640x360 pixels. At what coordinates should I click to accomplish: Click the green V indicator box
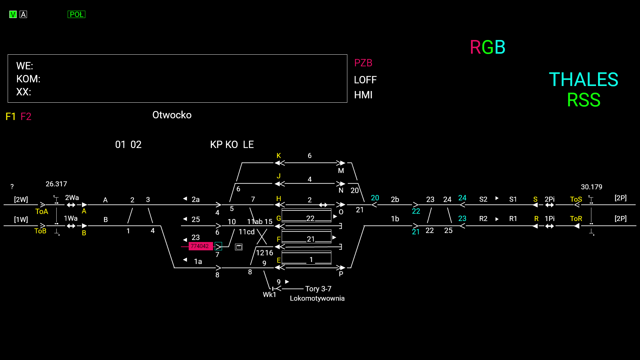[13, 14]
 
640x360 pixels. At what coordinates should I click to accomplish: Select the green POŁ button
[76, 14]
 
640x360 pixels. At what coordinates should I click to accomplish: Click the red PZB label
[363, 63]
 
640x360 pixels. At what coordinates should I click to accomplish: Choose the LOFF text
[365, 80]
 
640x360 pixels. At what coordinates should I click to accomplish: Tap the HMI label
[363, 95]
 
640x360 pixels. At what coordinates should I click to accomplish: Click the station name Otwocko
[172, 115]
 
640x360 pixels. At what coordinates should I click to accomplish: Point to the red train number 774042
[200, 246]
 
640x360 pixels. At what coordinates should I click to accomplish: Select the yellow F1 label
[11, 117]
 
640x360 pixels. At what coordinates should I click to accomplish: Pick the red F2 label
[26, 117]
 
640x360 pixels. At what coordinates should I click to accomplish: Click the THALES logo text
[583, 80]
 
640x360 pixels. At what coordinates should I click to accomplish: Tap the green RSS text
[583, 100]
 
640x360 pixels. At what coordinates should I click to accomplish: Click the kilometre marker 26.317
[56, 184]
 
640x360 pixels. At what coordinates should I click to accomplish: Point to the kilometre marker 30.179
[591, 187]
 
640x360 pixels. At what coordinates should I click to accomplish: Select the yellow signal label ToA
[42, 212]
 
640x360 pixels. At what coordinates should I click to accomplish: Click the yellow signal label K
[279, 156]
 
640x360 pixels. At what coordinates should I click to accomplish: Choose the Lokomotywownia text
[317, 298]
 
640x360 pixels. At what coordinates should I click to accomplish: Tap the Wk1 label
[269, 295]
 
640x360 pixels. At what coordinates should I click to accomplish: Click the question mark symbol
[12, 187]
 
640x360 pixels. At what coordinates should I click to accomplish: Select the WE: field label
[25, 66]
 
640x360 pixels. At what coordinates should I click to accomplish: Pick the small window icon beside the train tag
[239, 247]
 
